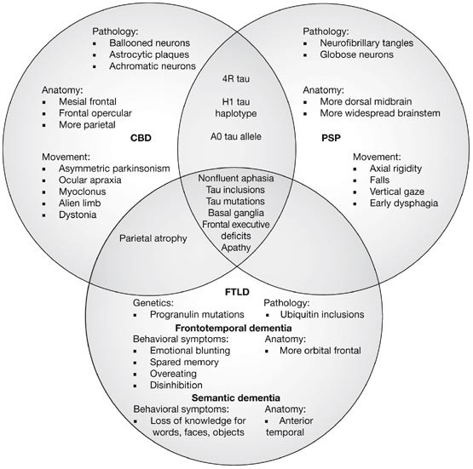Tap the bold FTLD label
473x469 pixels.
[x=236, y=289]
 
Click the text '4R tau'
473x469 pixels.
[x=236, y=83]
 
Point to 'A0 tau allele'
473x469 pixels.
[x=236, y=135]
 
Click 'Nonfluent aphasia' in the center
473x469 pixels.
[x=236, y=179]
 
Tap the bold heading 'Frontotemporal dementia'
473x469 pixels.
[x=236, y=327]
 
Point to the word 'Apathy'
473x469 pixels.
[x=236, y=247]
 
